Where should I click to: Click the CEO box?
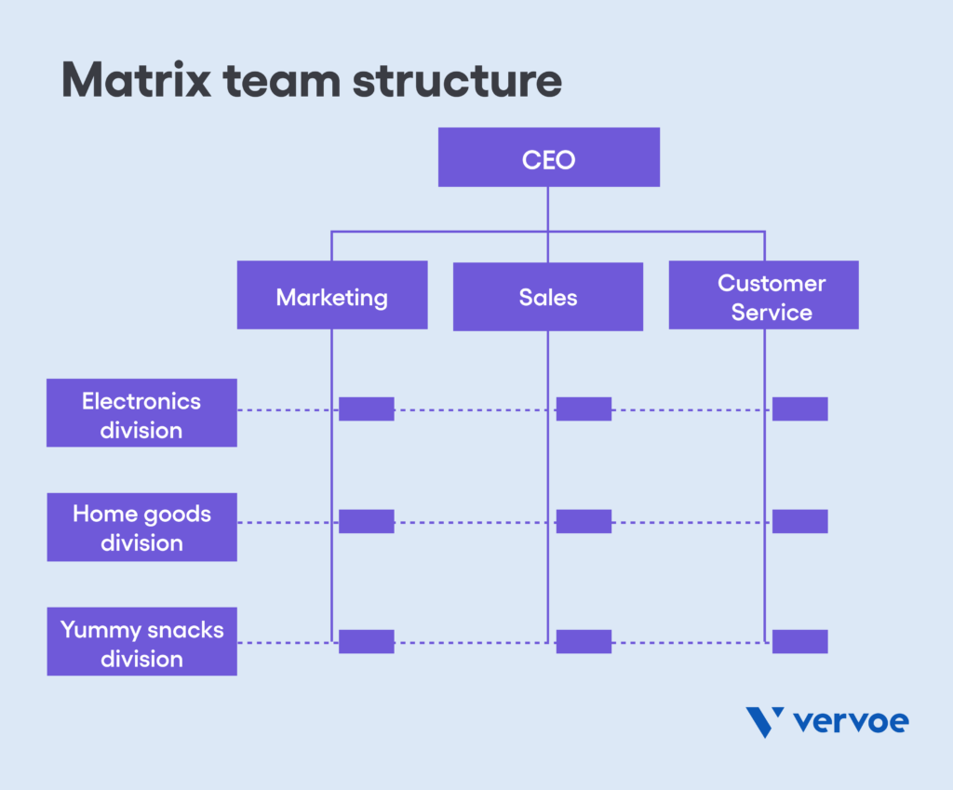pos(548,157)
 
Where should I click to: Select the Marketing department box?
pos(332,295)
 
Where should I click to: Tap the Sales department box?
pos(548,297)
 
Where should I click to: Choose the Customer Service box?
pos(763,296)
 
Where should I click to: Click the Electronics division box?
pos(141,413)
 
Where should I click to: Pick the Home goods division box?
pos(141,528)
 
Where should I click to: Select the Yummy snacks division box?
pos(141,642)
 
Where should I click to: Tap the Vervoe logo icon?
pos(764,722)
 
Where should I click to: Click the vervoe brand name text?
pos(852,721)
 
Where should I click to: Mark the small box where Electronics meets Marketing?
pos(366,409)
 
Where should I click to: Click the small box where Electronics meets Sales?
pos(584,409)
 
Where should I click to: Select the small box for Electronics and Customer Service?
pos(799,409)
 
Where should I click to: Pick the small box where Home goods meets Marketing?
pos(366,522)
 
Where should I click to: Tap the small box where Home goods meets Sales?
pos(584,522)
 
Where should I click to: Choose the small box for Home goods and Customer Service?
pos(799,522)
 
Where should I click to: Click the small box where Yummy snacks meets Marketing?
pos(366,642)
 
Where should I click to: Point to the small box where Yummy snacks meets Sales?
pos(584,642)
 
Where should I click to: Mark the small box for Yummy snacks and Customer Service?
pos(799,642)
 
